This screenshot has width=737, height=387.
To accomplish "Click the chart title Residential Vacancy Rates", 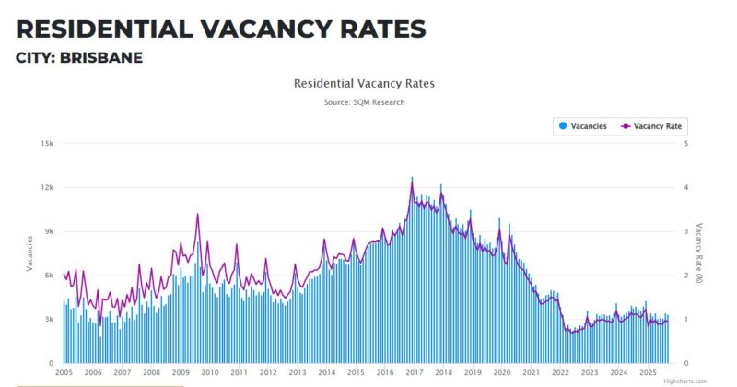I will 364,83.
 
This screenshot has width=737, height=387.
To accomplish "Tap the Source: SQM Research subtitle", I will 364,102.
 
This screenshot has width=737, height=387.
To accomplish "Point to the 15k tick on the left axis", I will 47,143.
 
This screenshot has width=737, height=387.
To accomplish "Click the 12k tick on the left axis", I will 47,187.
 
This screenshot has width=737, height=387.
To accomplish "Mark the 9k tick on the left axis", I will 49,231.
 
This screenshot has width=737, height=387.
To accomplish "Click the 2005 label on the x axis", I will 64,373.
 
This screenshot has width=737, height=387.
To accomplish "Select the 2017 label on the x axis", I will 414,373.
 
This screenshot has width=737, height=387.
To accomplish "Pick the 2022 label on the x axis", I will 560,373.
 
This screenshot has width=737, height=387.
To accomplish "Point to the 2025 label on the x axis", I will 648,373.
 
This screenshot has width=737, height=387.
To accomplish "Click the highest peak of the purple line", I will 412,177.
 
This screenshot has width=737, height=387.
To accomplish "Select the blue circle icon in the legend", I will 562,126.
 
